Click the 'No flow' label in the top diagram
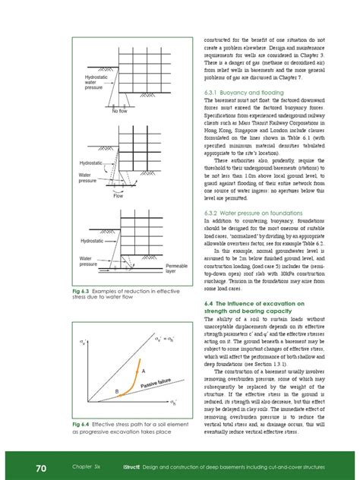119,111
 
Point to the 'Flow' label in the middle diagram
118,196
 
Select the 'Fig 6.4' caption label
81,424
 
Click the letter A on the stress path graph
141,371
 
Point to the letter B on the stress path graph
117,392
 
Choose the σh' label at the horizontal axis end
173,401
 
